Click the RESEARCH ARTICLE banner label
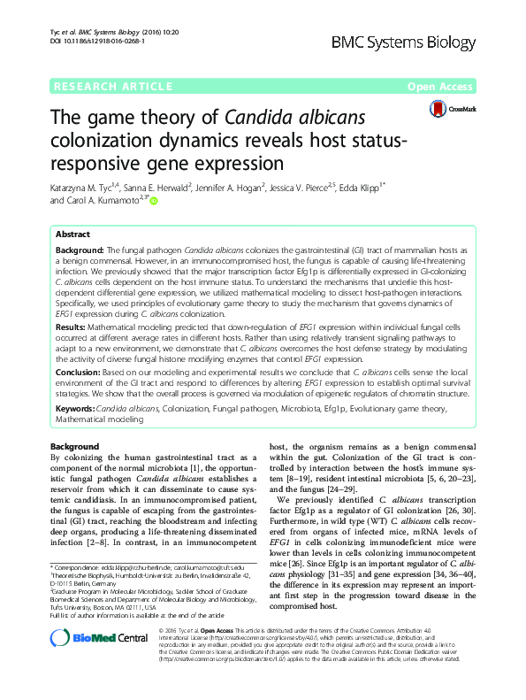coord(113,86)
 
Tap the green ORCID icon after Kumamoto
coord(154,202)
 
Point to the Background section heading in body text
coord(74,447)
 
